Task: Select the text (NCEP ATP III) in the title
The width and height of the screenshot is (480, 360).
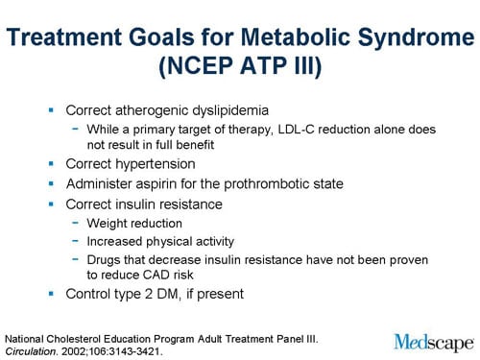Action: [239, 69]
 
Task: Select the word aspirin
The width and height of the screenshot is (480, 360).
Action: [166, 183]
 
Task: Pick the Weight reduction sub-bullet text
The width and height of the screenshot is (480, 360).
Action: [133, 223]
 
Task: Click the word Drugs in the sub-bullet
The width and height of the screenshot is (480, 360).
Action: [104, 259]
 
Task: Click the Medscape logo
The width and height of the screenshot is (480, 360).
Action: [433, 340]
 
